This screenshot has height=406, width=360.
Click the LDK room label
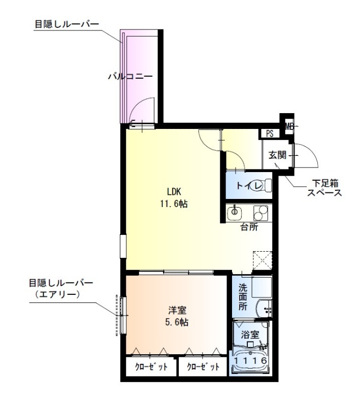[174, 192]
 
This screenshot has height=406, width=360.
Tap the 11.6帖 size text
[174, 204]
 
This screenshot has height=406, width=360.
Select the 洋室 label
[177, 310]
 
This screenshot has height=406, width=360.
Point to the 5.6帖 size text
[177, 322]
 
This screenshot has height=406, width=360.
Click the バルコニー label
[130, 77]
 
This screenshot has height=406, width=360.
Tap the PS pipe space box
[270, 134]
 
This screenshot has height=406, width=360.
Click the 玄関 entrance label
[277, 155]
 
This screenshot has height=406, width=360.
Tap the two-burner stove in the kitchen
[261, 213]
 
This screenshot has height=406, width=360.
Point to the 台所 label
[249, 227]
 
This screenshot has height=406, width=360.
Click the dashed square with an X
[263, 260]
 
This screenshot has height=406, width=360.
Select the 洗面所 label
[243, 297]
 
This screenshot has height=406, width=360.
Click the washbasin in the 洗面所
[264, 309]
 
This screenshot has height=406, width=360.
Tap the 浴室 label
[250, 335]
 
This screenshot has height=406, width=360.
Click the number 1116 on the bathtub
[250, 360]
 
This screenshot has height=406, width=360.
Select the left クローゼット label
[151, 366]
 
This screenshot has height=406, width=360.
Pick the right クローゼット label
[203, 366]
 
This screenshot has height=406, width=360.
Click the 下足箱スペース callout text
[324, 188]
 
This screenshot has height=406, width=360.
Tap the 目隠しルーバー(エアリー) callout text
[61, 288]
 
